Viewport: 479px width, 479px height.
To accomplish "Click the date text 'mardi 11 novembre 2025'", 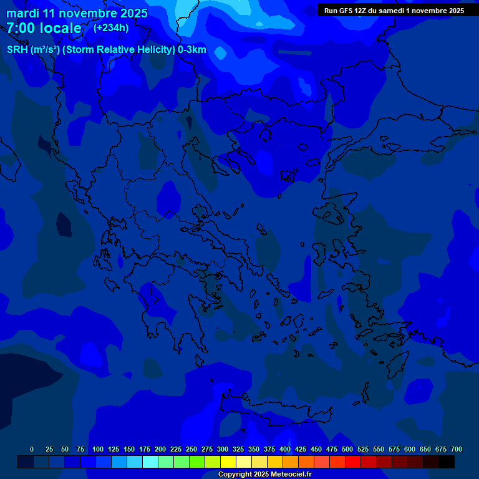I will click(x=77, y=13).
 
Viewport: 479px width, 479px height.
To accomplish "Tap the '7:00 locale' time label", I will click(x=44, y=28).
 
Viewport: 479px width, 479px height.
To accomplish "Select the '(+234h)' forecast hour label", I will click(x=111, y=27).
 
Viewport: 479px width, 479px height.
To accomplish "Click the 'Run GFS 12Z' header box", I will click(x=394, y=10).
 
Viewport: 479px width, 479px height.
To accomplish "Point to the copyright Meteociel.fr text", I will click(x=264, y=475).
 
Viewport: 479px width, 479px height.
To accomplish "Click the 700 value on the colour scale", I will click(x=456, y=449).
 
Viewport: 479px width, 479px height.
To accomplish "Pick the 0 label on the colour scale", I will click(x=32, y=449).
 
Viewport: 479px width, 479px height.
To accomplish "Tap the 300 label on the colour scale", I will click(x=223, y=449).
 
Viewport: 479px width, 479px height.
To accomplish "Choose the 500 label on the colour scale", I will click(x=347, y=449).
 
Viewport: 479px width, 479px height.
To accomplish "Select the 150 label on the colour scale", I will click(x=129, y=449).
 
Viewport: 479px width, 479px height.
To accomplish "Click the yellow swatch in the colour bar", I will click(x=228, y=462).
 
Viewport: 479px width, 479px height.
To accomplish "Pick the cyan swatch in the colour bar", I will click(x=150, y=462).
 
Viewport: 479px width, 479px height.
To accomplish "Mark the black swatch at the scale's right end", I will click(x=447, y=462).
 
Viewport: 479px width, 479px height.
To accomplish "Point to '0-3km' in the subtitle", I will click(x=192, y=50).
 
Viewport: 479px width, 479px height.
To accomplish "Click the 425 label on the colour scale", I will click(x=301, y=449).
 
